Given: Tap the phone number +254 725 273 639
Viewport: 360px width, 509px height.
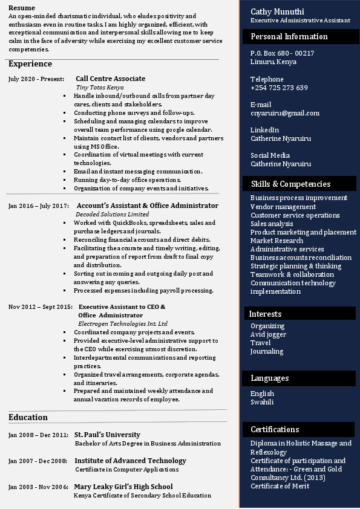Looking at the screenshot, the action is pyautogui.click(x=279, y=88).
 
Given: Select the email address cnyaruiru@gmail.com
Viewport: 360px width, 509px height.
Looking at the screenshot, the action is pyautogui.click(x=285, y=113).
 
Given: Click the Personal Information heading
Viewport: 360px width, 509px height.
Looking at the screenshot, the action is pyautogui.click(x=289, y=36).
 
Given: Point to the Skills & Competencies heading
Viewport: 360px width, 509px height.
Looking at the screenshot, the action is pyautogui.click(x=290, y=184).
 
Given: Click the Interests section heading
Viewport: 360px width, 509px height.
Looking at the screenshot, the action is pyautogui.click(x=265, y=314).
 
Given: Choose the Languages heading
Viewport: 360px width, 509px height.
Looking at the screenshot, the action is pyautogui.click(x=269, y=378).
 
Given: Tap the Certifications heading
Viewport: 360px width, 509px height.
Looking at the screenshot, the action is pyautogui.click(x=275, y=429).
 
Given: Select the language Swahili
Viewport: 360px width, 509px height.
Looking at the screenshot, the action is pyautogui.click(x=262, y=402).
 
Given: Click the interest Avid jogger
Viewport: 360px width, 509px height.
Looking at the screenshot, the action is pyautogui.click(x=268, y=334).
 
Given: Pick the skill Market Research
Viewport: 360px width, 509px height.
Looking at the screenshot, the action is pyautogui.click(x=277, y=241).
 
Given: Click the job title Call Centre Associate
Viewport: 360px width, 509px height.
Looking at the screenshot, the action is pyautogui.click(x=110, y=79).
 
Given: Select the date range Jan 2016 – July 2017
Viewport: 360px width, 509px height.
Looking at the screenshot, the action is pyautogui.click(x=39, y=206).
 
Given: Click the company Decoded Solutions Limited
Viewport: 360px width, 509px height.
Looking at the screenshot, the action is pyautogui.click(x=112, y=214).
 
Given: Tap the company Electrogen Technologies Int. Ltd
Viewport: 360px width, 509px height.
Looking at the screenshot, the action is pyautogui.click(x=123, y=323).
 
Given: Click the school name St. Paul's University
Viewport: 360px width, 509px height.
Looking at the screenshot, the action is pyautogui.click(x=107, y=435).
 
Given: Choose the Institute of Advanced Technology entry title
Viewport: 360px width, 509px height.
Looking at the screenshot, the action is pyautogui.click(x=130, y=461).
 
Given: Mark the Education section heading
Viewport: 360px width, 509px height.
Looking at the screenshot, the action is pyautogui.click(x=28, y=417).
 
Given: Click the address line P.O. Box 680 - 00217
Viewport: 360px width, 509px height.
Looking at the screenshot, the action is pyautogui.click(x=282, y=53).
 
